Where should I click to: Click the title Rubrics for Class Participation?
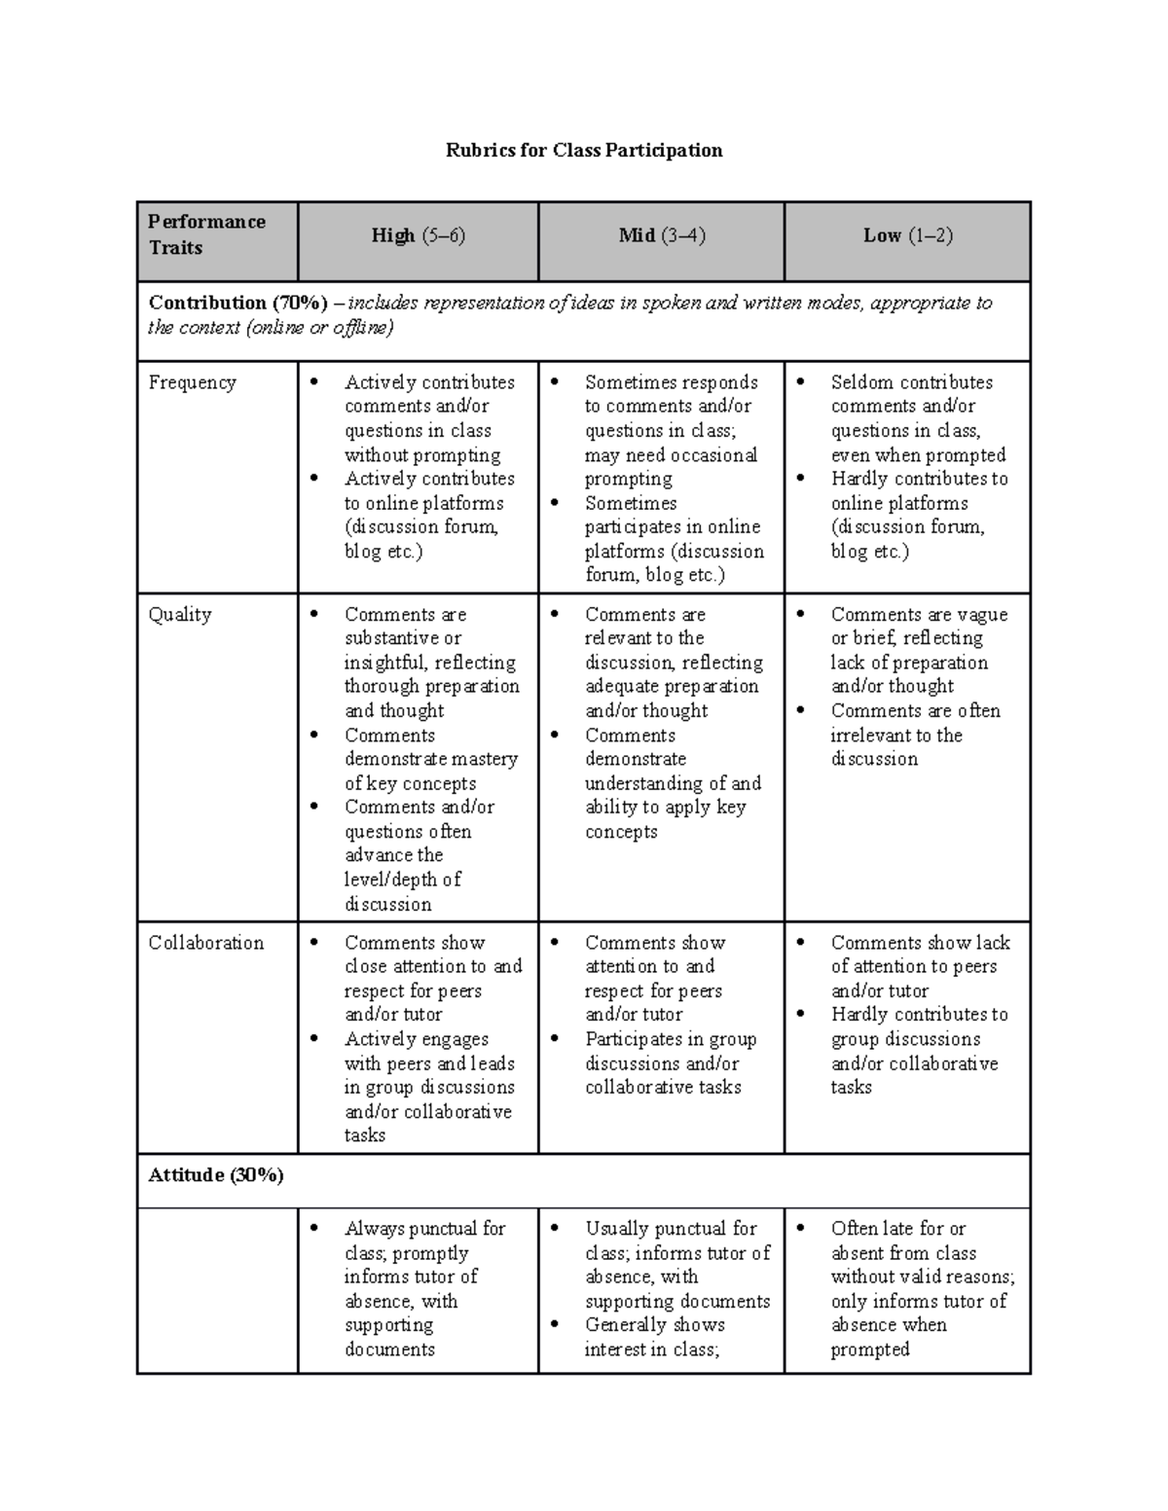pyautogui.click(x=584, y=150)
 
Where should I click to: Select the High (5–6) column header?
pyautogui.click(x=418, y=235)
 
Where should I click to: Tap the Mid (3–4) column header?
pyautogui.click(x=661, y=235)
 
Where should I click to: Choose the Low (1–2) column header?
pyautogui.click(x=907, y=235)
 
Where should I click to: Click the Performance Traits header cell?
pyautogui.click(x=206, y=234)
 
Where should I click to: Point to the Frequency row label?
pyautogui.click(x=192, y=382)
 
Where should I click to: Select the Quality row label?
pyautogui.click(x=179, y=615)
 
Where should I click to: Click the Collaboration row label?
pyautogui.click(x=205, y=943)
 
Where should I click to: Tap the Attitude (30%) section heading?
pyautogui.click(x=216, y=1175)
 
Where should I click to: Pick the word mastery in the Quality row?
pyautogui.click(x=484, y=759)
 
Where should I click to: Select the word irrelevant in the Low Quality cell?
pyautogui.click(x=870, y=736)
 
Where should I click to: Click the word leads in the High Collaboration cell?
pyautogui.click(x=492, y=1063)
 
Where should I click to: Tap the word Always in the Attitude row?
pyautogui.click(x=374, y=1229)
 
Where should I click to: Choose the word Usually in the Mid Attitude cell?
pyautogui.click(x=623, y=1229)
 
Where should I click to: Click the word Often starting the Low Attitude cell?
pyautogui.click(x=855, y=1229)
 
